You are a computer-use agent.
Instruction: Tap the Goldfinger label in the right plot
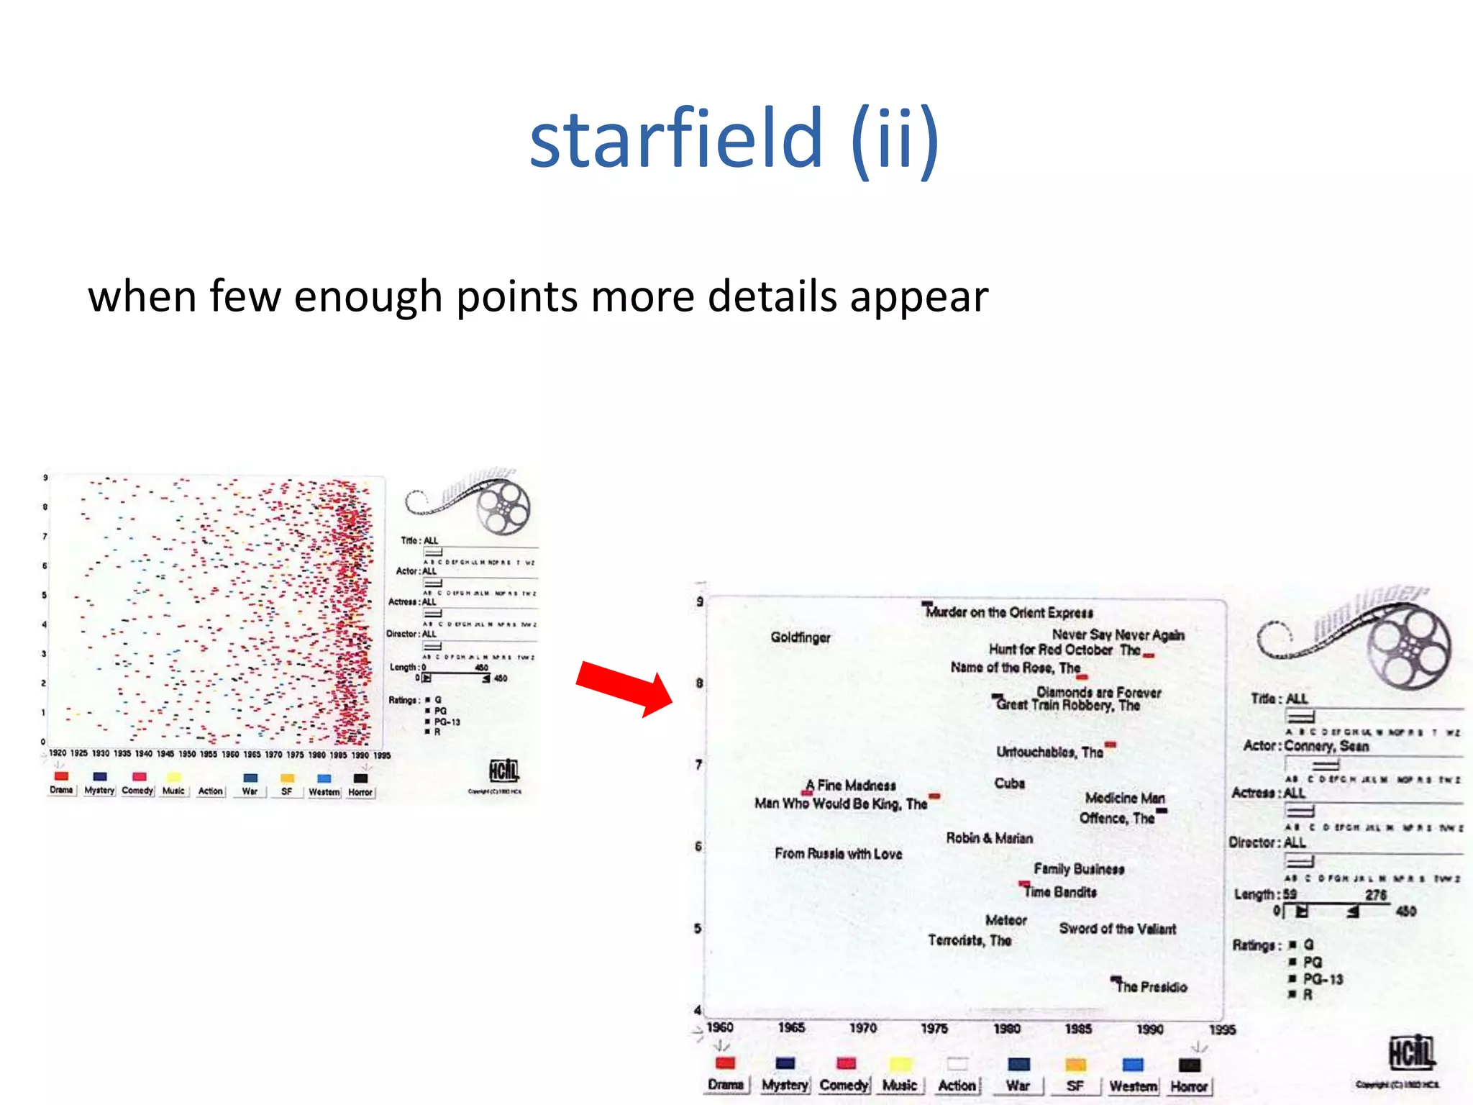800,637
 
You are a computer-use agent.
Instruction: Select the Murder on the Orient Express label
1009,612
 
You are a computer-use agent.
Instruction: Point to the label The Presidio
1151,987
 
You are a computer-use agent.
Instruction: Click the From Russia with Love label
838,854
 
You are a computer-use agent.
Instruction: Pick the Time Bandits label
1060,892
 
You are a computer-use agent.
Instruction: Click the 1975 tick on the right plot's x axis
934,1029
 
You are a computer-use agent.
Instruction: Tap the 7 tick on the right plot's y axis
698,764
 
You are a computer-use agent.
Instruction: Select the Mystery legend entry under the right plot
785,1084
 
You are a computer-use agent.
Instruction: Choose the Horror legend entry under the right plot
1189,1086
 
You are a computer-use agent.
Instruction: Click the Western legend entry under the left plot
324,791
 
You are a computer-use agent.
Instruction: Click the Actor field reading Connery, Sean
1326,746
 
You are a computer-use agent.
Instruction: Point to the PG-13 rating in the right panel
1322,979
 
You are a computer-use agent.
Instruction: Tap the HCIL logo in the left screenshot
503,770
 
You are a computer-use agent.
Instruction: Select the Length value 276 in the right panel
1375,895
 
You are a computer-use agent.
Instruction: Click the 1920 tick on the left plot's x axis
58,753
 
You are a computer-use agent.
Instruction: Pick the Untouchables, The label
1049,752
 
